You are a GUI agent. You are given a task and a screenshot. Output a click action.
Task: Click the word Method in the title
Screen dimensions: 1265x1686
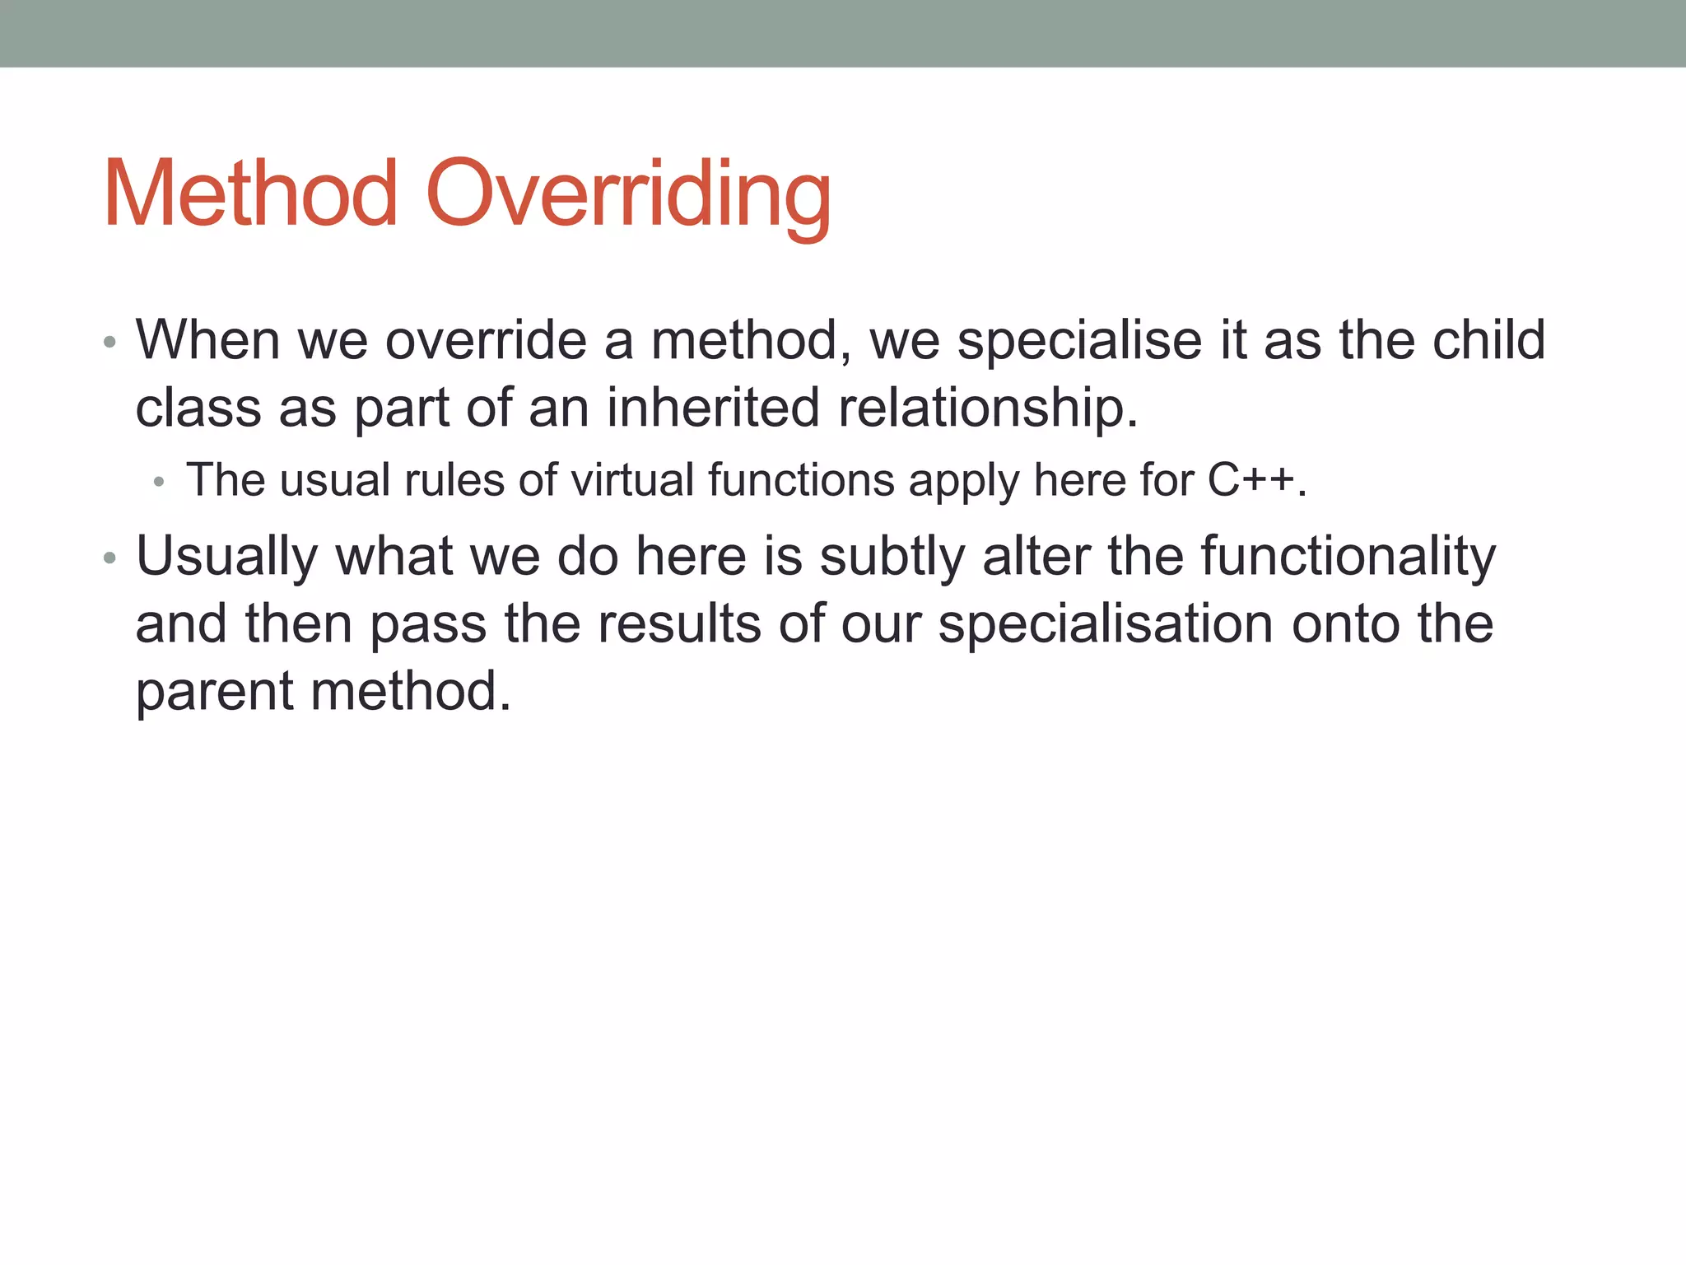251,194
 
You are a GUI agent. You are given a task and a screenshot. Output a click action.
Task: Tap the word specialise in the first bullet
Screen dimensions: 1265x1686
1078,341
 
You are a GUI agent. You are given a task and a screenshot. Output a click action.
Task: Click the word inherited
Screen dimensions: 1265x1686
713,408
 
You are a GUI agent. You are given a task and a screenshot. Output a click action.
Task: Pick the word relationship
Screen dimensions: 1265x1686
986,409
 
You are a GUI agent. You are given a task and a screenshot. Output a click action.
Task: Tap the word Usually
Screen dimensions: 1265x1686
227,558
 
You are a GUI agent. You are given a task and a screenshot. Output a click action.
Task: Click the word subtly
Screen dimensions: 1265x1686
892,558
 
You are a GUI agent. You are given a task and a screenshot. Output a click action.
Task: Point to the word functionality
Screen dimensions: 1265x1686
1348,558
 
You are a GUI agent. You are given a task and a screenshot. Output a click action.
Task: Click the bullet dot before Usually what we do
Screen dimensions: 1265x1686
110,559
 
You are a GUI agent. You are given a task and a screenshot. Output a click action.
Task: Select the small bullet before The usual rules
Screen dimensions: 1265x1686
159,483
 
